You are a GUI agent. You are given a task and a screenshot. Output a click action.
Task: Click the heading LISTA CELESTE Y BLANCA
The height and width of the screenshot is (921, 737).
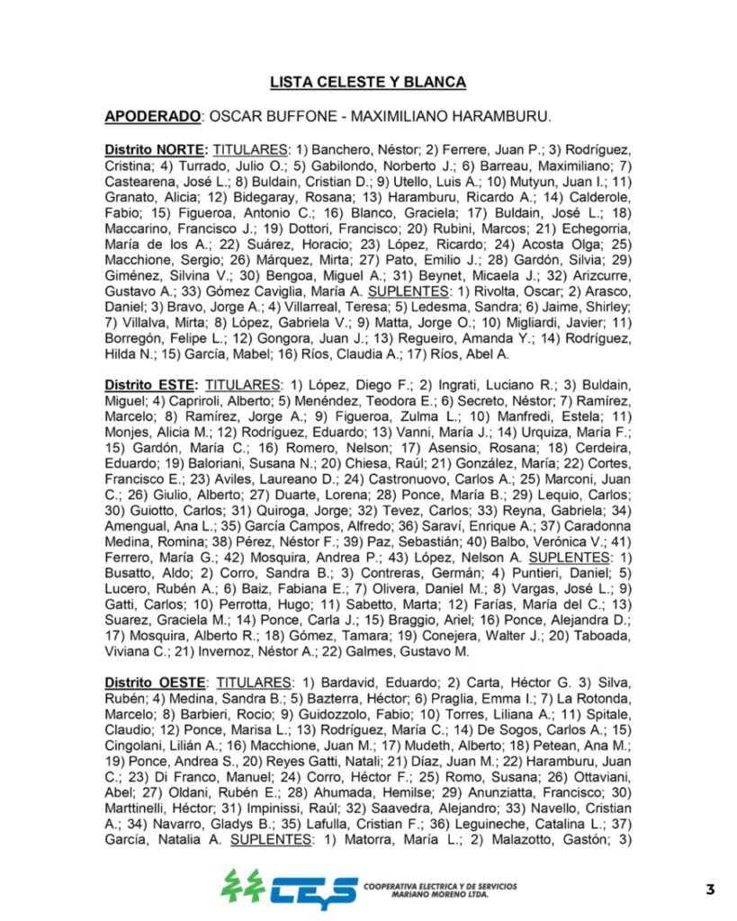[368, 83]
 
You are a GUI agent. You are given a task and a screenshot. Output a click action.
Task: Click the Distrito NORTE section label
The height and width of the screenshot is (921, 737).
[157, 148]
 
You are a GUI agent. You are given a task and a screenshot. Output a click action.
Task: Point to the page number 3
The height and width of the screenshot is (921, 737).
[709, 890]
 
